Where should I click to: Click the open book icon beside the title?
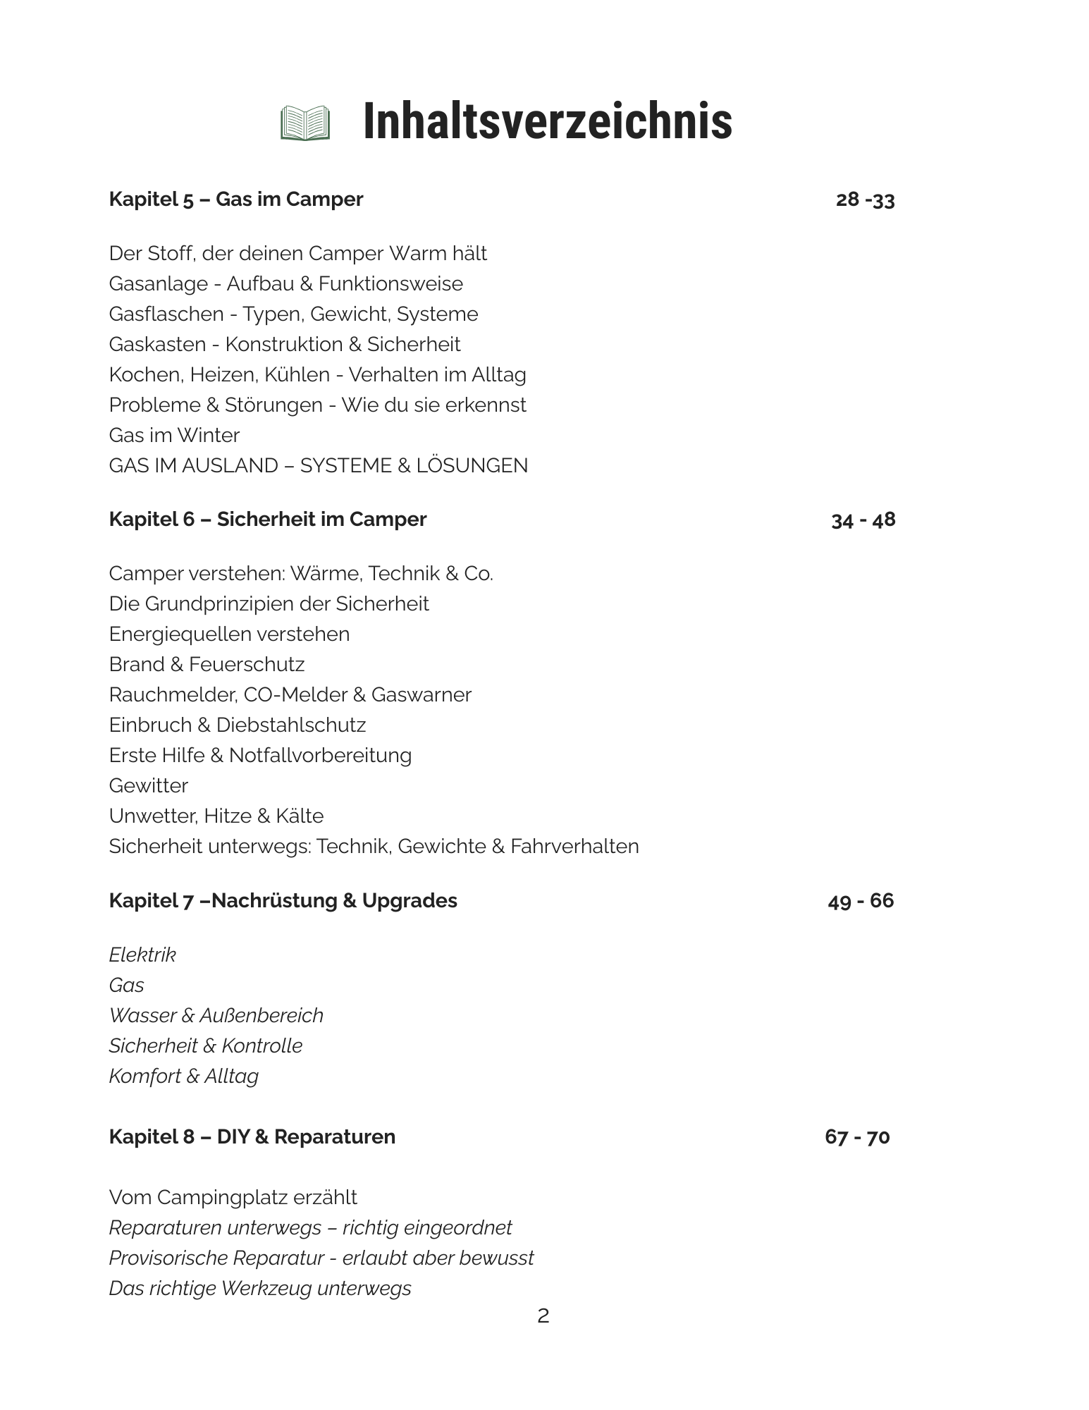tap(305, 123)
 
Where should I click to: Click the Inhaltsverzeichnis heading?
tap(548, 122)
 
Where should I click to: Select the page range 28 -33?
tap(865, 200)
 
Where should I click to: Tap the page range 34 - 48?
tap(863, 520)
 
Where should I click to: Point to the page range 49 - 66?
tap(861, 901)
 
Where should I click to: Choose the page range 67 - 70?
tap(857, 1137)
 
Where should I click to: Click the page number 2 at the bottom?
tap(543, 1316)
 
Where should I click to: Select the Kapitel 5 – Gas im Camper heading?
tap(236, 200)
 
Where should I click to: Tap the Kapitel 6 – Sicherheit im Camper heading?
tap(268, 520)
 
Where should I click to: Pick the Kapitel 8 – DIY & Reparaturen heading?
tap(252, 1137)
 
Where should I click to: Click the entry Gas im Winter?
tap(174, 435)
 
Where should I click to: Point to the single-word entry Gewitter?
tap(149, 785)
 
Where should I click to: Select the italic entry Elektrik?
tap(142, 955)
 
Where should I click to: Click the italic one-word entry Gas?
tap(127, 985)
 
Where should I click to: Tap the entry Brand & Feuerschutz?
tap(207, 664)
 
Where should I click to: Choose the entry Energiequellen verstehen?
tap(229, 634)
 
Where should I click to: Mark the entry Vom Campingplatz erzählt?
tap(233, 1197)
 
